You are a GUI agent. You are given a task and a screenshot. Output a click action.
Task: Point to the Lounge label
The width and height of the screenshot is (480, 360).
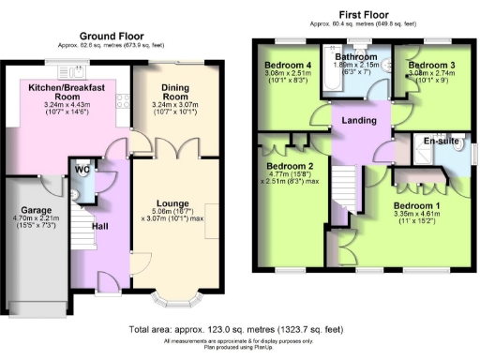tap(174, 202)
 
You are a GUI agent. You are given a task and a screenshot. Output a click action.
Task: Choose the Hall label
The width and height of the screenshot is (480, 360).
tap(101, 225)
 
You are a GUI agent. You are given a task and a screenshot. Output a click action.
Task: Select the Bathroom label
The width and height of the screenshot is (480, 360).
tap(355, 57)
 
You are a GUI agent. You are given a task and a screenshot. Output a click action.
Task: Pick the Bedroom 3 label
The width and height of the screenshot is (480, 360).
tap(429, 65)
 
